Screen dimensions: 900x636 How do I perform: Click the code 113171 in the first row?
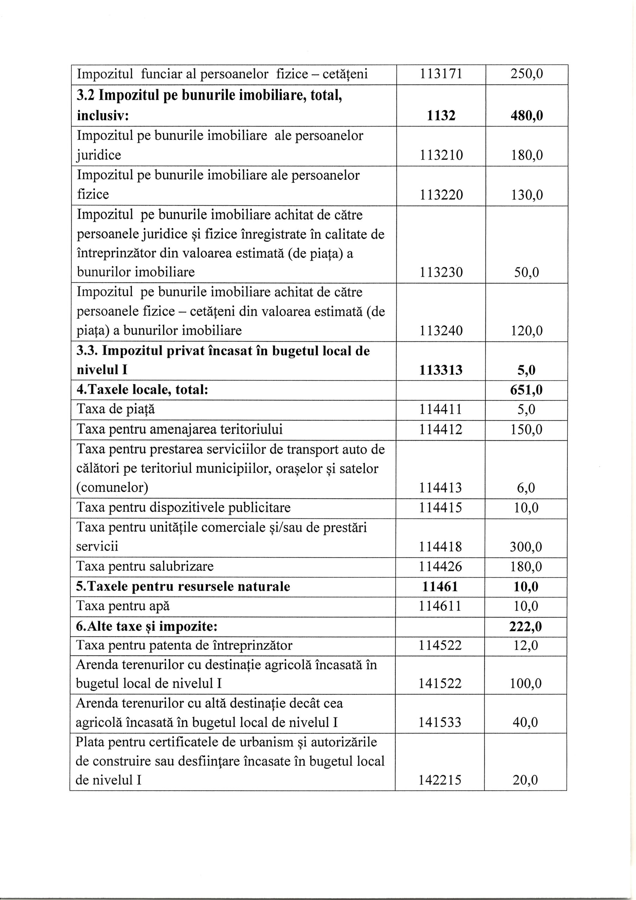(x=441, y=74)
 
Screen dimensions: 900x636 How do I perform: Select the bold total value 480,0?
(x=526, y=116)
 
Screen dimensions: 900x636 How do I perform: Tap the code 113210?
(x=441, y=156)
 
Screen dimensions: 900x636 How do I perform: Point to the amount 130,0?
(x=526, y=195)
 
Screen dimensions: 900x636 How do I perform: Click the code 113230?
(x=441, y=272)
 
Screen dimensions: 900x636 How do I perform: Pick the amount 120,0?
(x=526, y=331)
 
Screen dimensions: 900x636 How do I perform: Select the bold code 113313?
(x=441, y=370)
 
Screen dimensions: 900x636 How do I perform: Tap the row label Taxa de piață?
(x=116, y=410)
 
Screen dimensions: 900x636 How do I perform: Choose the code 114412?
(x=441, y=430)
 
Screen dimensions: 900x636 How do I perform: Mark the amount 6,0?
(x=526, y=488)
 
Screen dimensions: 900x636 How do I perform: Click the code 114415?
(x=441, y=508)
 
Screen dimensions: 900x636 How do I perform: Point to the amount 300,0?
(x=526, y=547)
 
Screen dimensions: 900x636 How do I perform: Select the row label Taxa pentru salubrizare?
(x=145, y=567)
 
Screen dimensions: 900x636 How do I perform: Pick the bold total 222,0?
(x=526, y=626)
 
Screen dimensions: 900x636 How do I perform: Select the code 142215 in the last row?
(x=440, y=780)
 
